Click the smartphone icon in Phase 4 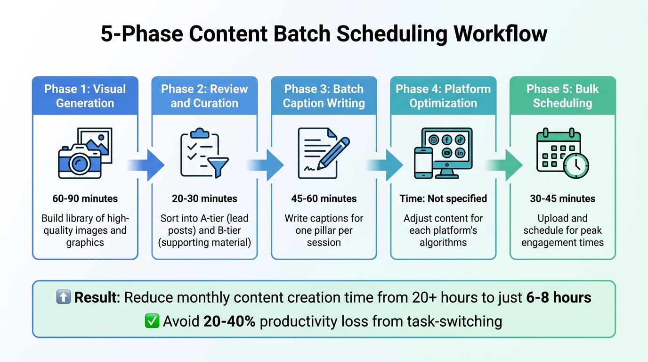(423, 163)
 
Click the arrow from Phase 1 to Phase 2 (146, 165)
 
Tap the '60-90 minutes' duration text (85, 198)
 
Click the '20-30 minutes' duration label (204, 198)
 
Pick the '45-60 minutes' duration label (324, 198)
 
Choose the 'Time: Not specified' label (443, 198)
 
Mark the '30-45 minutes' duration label (563, 198)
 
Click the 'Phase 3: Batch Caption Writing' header (324, 96)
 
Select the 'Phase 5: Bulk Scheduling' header (563, 96)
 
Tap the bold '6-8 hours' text (557, 297)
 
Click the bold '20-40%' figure (230, 321)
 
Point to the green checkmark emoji (152, 321)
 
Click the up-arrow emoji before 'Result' (63, 297)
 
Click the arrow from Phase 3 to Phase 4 (385, 165)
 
